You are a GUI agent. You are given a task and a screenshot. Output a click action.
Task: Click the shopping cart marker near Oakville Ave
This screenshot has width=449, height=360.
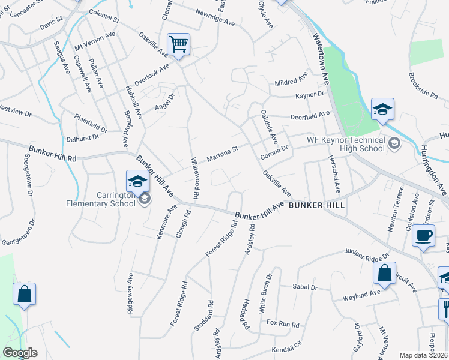tap(178, 44)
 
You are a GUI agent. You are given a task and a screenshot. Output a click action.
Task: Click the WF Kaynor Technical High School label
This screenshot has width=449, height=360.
tap(345, 144)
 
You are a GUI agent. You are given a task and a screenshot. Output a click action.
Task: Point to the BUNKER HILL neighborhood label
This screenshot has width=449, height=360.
tap(316, 205)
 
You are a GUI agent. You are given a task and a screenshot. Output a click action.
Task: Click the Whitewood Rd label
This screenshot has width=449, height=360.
tap(195, 179)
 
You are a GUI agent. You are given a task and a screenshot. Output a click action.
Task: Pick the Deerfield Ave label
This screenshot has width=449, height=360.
tap(310, 114)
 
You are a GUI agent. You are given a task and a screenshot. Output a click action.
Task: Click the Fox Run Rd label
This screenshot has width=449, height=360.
tap(283, 325)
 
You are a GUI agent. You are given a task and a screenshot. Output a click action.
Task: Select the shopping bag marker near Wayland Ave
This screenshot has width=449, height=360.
tap(384, 272)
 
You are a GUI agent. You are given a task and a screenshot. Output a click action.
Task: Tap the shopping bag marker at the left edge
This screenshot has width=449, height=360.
tap(24, 294)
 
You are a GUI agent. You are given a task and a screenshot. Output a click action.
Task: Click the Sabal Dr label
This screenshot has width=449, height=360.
tap(305, 287)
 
